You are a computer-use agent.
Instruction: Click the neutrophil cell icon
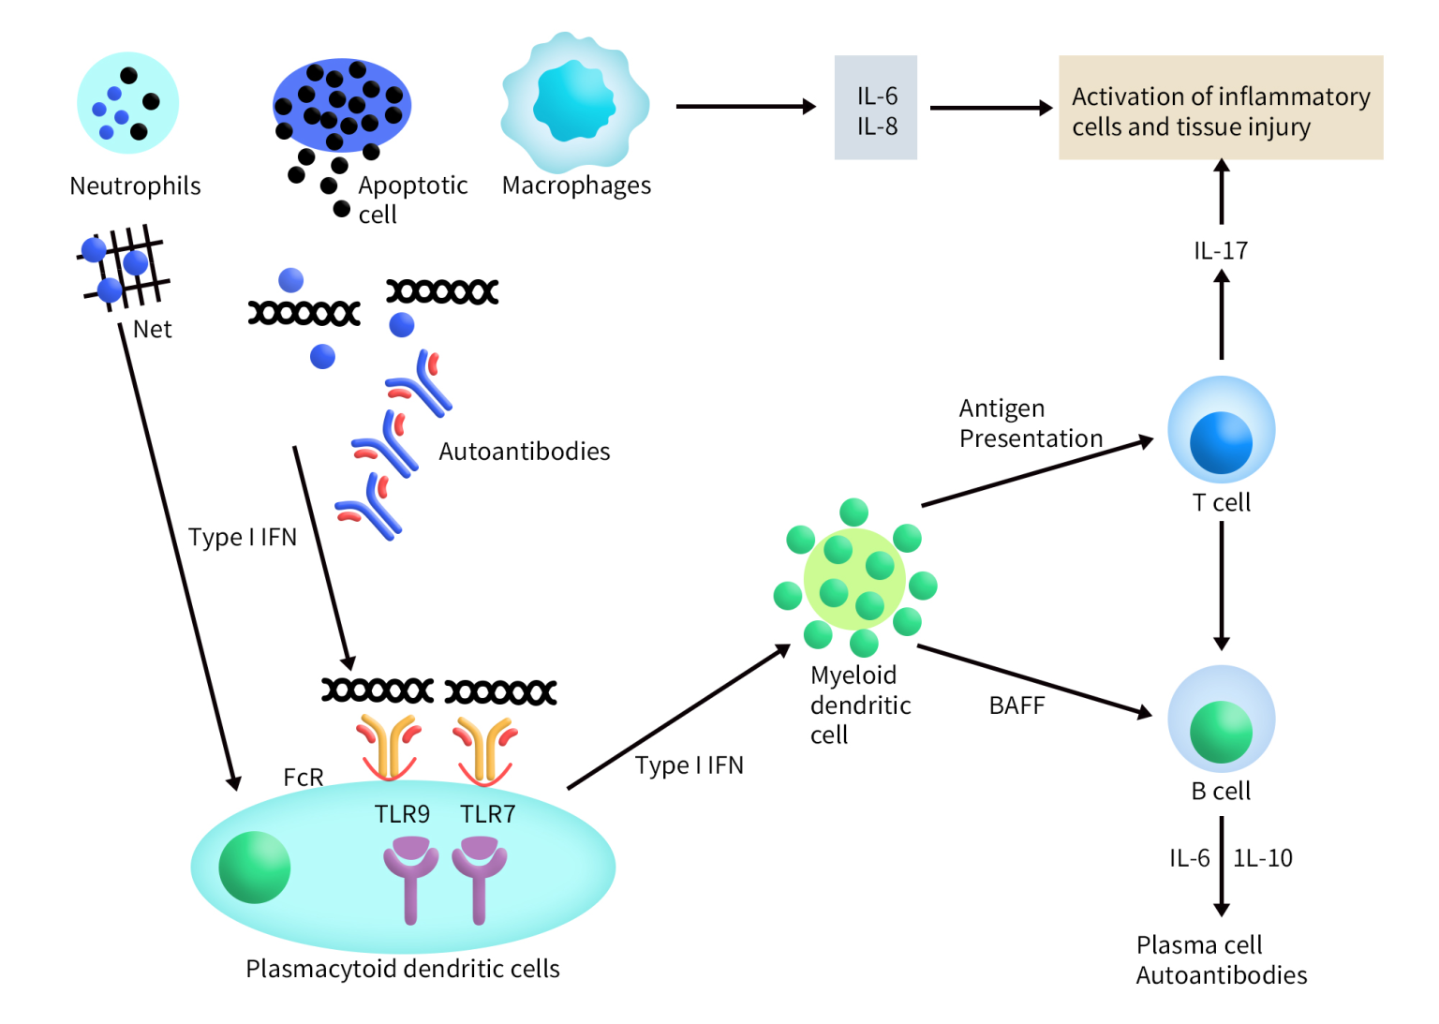pyautogui.click(x=127, y=103)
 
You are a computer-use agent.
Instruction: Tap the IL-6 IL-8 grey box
pyautogui.click(x=876, y=109)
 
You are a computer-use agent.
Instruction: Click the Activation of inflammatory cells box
pyautogui.click(x=1220, y=109)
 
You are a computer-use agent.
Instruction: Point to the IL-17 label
pyautogui.click(x=1220, y=251)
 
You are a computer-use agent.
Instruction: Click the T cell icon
pyautogui.click(x=1221, y=432)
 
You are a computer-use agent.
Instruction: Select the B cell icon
pyautogui.click(x=1221, y=721)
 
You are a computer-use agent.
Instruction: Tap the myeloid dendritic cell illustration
pyautogui.click(x=854, y=579)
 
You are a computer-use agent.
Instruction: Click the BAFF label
pyautogui.click(x=1016, y=705)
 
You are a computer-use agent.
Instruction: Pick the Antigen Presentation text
pyautogui.click(x=1030, y=423)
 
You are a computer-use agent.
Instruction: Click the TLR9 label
pyautogui.click(x=402, y=814)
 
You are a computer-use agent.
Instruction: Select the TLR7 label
pyautogui.click(x=487, y=814)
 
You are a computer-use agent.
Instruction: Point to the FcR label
pyautogui.click(x=303, y=778)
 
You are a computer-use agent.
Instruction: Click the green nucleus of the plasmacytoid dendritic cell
pyautogui.click(x=254, y=868)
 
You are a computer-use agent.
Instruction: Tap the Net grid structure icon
pyautogui.click(x=125, y=266)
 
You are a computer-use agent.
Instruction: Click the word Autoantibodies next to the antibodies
pyautogui.click(x=524, y=452)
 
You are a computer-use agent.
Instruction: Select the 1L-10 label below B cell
pyautogui.click(x=1262, y=858)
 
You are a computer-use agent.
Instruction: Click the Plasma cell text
pyautogui.click(x=1198, y=944)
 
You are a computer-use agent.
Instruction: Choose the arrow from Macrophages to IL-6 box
pyautogui.click(x=745, y=107)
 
